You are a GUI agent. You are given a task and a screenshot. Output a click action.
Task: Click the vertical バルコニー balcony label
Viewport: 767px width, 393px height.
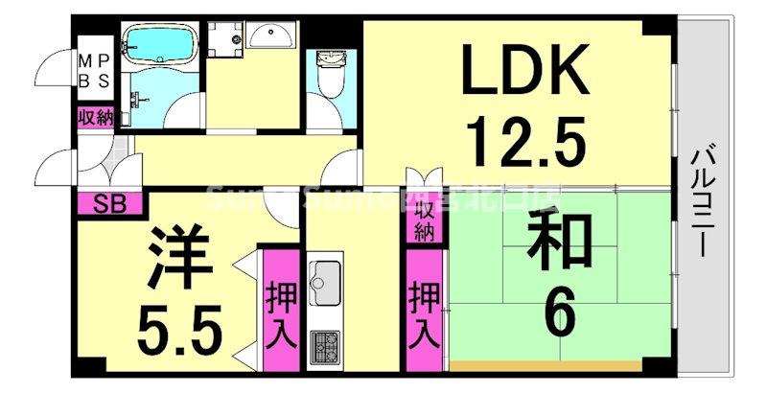[707, 202]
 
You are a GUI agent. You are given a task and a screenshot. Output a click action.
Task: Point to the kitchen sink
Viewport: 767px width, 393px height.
[326, 278]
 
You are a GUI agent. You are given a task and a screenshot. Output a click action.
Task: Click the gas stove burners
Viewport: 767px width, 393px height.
[326, 344]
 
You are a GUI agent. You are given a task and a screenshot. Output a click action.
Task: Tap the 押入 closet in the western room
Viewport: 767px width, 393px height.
[280, 312]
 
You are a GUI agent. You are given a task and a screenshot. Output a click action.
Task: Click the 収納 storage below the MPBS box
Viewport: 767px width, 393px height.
[94, 119]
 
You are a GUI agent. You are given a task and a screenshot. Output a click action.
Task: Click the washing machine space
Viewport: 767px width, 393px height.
[226, 38]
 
